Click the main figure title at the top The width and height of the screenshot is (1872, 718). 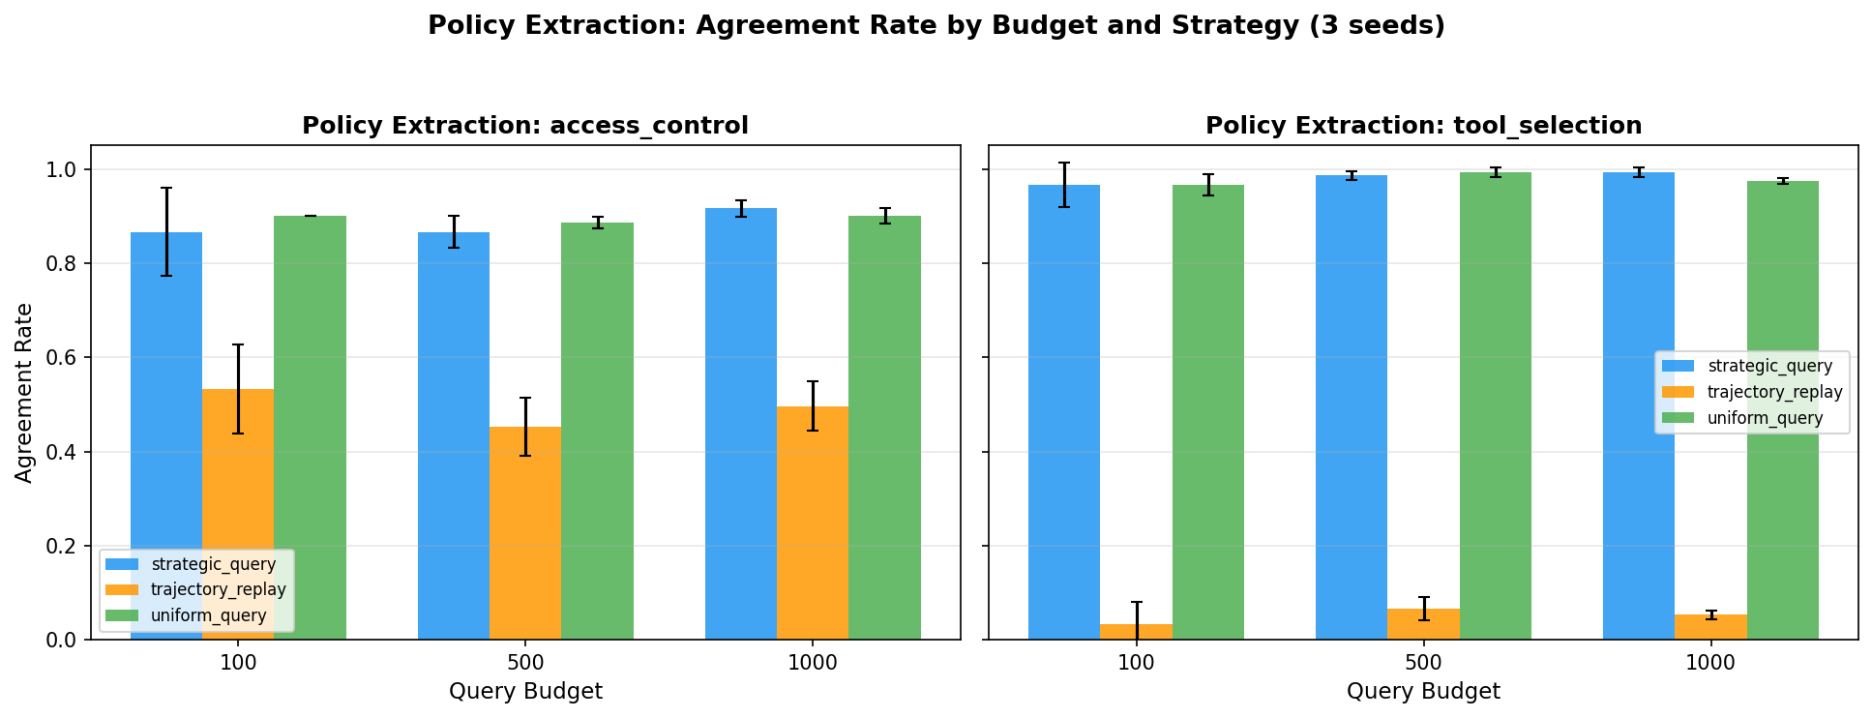point(936,26)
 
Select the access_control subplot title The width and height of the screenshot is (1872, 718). point(524,126)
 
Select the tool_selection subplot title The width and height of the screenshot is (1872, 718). point(1423,126)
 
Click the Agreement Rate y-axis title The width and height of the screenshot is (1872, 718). point(24,392)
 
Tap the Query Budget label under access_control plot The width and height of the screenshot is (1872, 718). point(524,691)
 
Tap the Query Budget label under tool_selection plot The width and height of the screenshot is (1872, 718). point(1423,691)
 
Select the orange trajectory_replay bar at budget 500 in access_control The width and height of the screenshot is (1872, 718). point(524,542)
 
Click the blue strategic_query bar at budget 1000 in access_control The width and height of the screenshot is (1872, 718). point(740,426)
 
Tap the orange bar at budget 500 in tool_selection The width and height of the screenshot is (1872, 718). point(1423,625)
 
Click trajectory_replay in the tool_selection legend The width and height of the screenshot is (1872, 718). point(1774,392)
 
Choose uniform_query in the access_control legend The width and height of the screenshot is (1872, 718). point(214,615)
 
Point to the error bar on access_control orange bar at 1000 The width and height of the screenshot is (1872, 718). point(813,405)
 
